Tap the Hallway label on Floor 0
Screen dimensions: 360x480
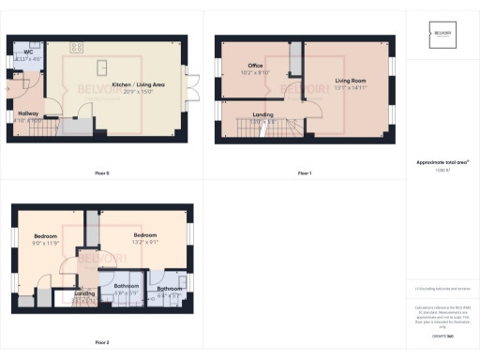coord(27,112)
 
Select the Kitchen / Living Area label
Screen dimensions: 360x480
coord(138,85)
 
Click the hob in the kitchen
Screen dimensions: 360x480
coord(77,46)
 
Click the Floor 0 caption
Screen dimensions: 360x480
coord(102,173)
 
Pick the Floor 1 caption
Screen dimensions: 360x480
coord(305,173)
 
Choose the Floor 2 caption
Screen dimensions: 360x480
coord(102,342)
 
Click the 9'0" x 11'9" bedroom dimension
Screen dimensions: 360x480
coord(46,243)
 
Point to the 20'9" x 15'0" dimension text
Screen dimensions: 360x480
coord(138,92)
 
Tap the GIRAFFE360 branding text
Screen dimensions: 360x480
coord(442,335)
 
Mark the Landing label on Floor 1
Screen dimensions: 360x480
coord(263,114)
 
